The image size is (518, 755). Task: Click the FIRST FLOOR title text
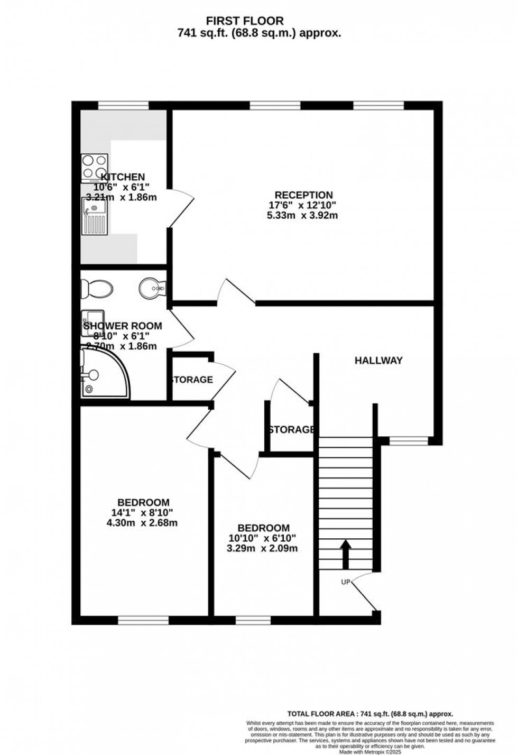click(x=244, y=21)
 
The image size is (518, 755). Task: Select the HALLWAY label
click(x=378, y=361)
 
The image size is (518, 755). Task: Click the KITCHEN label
click(x=123, y=177)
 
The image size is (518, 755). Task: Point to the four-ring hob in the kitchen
click(x=94, y=167)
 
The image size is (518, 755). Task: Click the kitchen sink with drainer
click(x=94, y=215)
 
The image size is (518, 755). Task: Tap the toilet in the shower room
click(x=96, y=289)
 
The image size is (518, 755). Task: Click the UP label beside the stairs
click(x=346, y=582)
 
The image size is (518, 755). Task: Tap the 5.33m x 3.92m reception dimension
click(x=302, y=215)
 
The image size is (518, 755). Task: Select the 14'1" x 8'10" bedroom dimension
click(x=143, y=512)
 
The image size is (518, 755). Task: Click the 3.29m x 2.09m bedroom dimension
click(x=263, y=548)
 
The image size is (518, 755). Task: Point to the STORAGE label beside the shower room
click(x=191, y=380)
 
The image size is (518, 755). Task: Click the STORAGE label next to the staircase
click(x=292, y=429)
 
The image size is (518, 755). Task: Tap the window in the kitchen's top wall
click(x=123, y=106)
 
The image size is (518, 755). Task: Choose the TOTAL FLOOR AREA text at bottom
click(x=369, y=713)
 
